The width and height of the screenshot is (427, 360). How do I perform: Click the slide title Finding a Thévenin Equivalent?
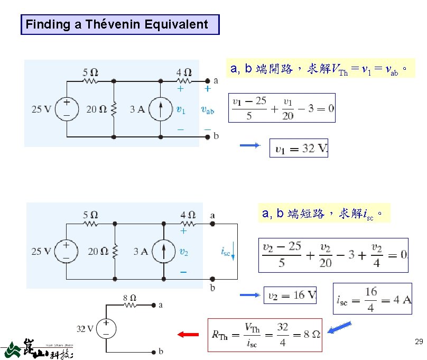coord(119,24)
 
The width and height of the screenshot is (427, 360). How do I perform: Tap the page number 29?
coord(419,342)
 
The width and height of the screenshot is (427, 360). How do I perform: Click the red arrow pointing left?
coord(188,334)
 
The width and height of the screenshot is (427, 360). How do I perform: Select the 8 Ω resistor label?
coord(130,298)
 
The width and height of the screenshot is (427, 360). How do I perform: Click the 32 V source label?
coord(85,328)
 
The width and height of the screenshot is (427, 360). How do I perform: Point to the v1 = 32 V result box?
coord(299,149)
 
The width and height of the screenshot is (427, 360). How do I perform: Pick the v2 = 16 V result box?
coord(290,295)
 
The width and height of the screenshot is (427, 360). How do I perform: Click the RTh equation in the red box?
coord(265,335)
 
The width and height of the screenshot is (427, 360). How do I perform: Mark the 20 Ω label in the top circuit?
coord(95,109)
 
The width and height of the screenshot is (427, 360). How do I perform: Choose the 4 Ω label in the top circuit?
coord(184,72)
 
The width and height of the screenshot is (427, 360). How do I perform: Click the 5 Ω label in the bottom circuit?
coord(90,215)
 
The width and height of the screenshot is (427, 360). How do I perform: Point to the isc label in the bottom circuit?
coord(225,252)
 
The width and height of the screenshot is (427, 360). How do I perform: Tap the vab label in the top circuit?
coord(208,110)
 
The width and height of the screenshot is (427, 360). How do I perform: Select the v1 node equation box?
coord(282,108)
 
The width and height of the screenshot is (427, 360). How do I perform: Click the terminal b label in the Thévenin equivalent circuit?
coord(161,351)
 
